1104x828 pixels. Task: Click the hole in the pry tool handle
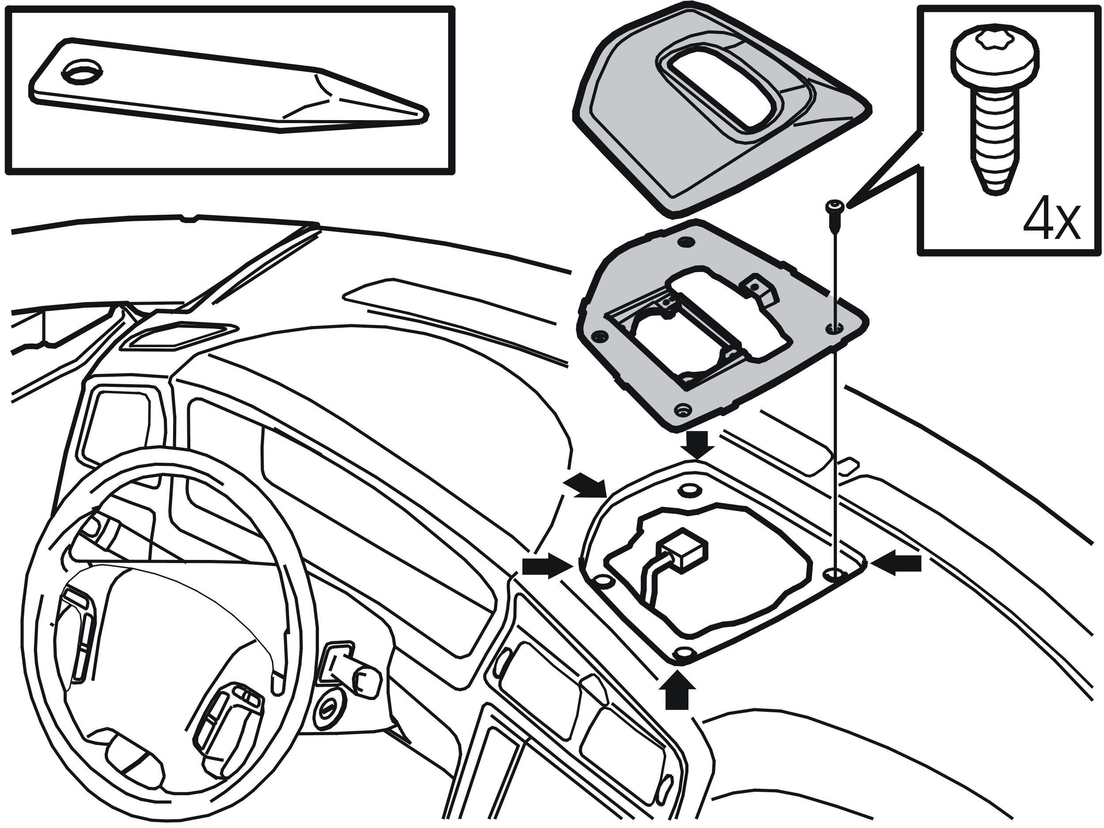(x=82, y=73)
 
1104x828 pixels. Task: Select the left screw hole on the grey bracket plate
(x=598, y=336)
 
